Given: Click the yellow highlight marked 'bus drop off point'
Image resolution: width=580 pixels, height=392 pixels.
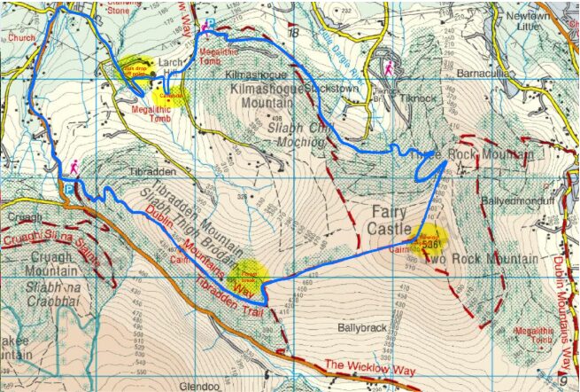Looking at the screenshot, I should click(x=135, y=73).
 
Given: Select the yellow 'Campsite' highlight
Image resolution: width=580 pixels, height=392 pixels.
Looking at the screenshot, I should click(x=170, y=95).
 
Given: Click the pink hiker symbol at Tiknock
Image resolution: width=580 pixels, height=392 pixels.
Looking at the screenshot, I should click(x=388, y=68).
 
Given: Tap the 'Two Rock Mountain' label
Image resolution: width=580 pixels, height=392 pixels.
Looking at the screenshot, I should click(x=482, y=259).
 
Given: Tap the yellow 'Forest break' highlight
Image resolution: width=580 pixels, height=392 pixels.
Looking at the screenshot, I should click(x=248, y=273).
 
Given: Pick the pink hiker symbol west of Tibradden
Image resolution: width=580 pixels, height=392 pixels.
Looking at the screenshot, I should click(x=74, y=167).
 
